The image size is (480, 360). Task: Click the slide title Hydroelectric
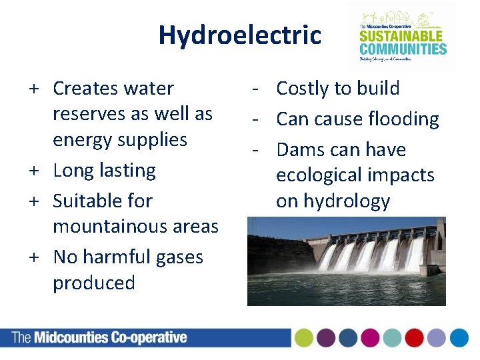pyautogui.click(x=239, y=35)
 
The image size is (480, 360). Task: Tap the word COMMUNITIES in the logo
pyautogui.click(x=403, y=48)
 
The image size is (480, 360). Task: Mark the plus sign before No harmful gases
pyautogui.click(x=33, y=257)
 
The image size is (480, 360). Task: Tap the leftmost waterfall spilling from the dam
pyautogui.click(x=327, y=257)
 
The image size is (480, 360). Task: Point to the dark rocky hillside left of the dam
pyautogui.click(x=270, y=253)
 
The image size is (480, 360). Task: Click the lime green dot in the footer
pyautogui.click(x=304, y=338)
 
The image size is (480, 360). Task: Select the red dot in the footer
pyautogui.click(x=414, y=338)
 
